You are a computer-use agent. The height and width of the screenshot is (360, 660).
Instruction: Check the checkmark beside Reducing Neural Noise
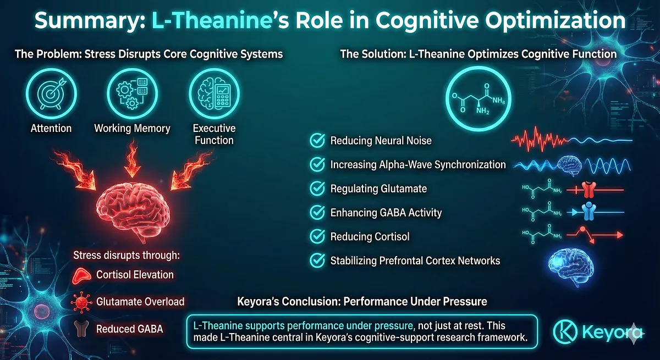[x=317, y=141]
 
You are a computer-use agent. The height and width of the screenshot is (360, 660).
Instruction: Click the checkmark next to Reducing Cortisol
[x=317, y=236]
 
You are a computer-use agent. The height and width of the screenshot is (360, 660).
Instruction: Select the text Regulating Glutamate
[x=378, y=189]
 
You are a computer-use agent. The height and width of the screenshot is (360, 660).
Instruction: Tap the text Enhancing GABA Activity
[x=386, y=212]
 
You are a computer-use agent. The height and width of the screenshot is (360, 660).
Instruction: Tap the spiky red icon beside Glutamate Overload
[x=81, y=302]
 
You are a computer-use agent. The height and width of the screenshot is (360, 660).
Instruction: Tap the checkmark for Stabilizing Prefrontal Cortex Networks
[x=317, y=260]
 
